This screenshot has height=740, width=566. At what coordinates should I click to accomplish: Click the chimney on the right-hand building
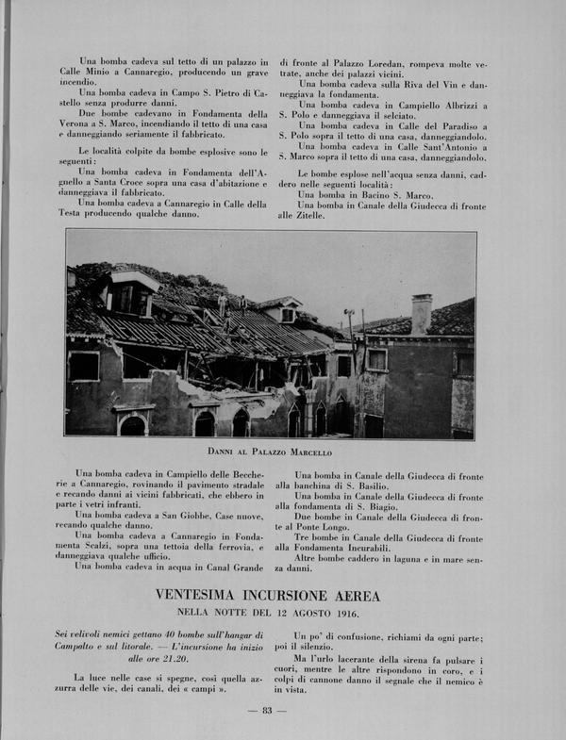pos(421,312)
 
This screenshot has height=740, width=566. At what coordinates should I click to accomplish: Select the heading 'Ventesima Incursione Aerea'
pos(269,595)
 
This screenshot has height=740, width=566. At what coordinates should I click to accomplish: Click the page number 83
pos(268,710)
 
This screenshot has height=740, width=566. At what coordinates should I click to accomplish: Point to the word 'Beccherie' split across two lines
pos(226,473)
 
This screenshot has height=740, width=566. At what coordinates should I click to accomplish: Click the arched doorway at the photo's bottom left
pos(133,424)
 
